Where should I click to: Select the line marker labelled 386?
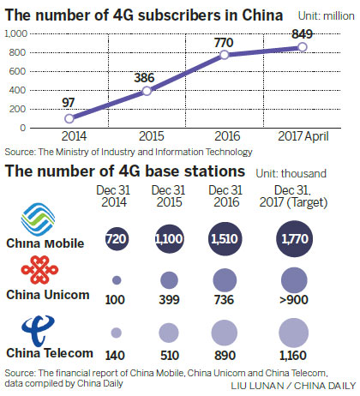[x=147, y=91]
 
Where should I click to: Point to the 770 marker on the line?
[x=224, y=55]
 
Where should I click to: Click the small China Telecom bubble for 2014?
[x=116, y=333]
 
